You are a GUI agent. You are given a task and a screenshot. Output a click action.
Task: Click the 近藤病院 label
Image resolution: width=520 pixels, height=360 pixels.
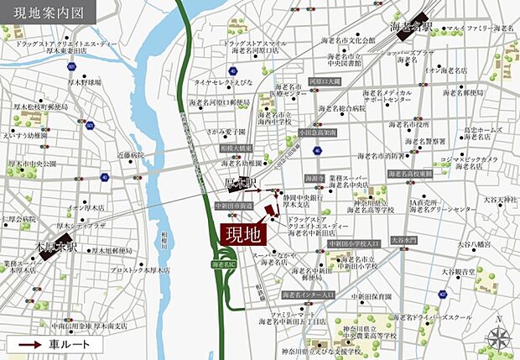coord(131,155)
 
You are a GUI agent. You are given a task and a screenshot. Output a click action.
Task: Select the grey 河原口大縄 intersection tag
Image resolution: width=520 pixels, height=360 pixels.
coord(325,81)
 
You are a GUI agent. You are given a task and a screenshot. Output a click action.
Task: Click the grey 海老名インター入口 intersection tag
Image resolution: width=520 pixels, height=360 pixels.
coord(308,295)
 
